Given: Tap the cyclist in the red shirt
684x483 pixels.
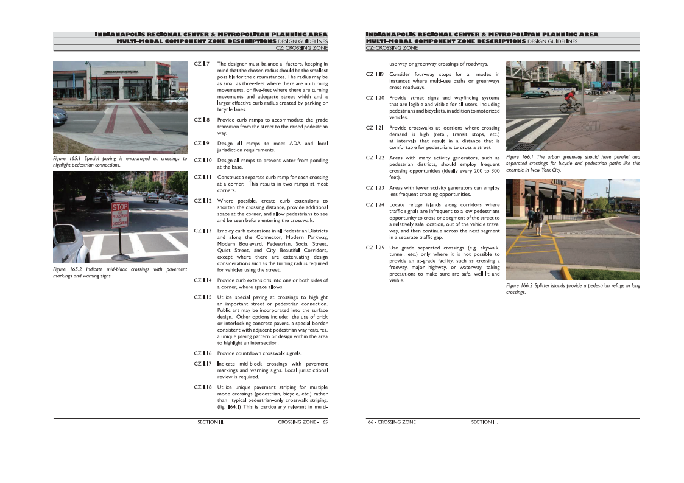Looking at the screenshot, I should (570, 101).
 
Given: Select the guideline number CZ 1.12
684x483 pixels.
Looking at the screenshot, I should (202, 201).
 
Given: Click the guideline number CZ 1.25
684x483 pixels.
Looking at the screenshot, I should (375, 248).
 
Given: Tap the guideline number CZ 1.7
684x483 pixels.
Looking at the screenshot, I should (202, 64).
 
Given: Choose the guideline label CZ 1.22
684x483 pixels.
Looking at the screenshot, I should (375, 158).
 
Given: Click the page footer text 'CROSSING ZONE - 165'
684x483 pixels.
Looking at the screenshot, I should (303, 422).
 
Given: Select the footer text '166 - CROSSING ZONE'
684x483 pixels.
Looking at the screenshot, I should (390, 422).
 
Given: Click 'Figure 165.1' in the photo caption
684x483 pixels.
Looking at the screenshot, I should (67, 159).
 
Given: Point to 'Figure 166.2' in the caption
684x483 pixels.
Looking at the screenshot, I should (521, 285).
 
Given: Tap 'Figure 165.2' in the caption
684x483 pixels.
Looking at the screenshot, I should (67, 269).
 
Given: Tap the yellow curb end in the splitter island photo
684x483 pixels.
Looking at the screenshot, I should (566, 273).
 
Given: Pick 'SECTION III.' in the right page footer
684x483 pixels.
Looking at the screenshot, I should (484, 422).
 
